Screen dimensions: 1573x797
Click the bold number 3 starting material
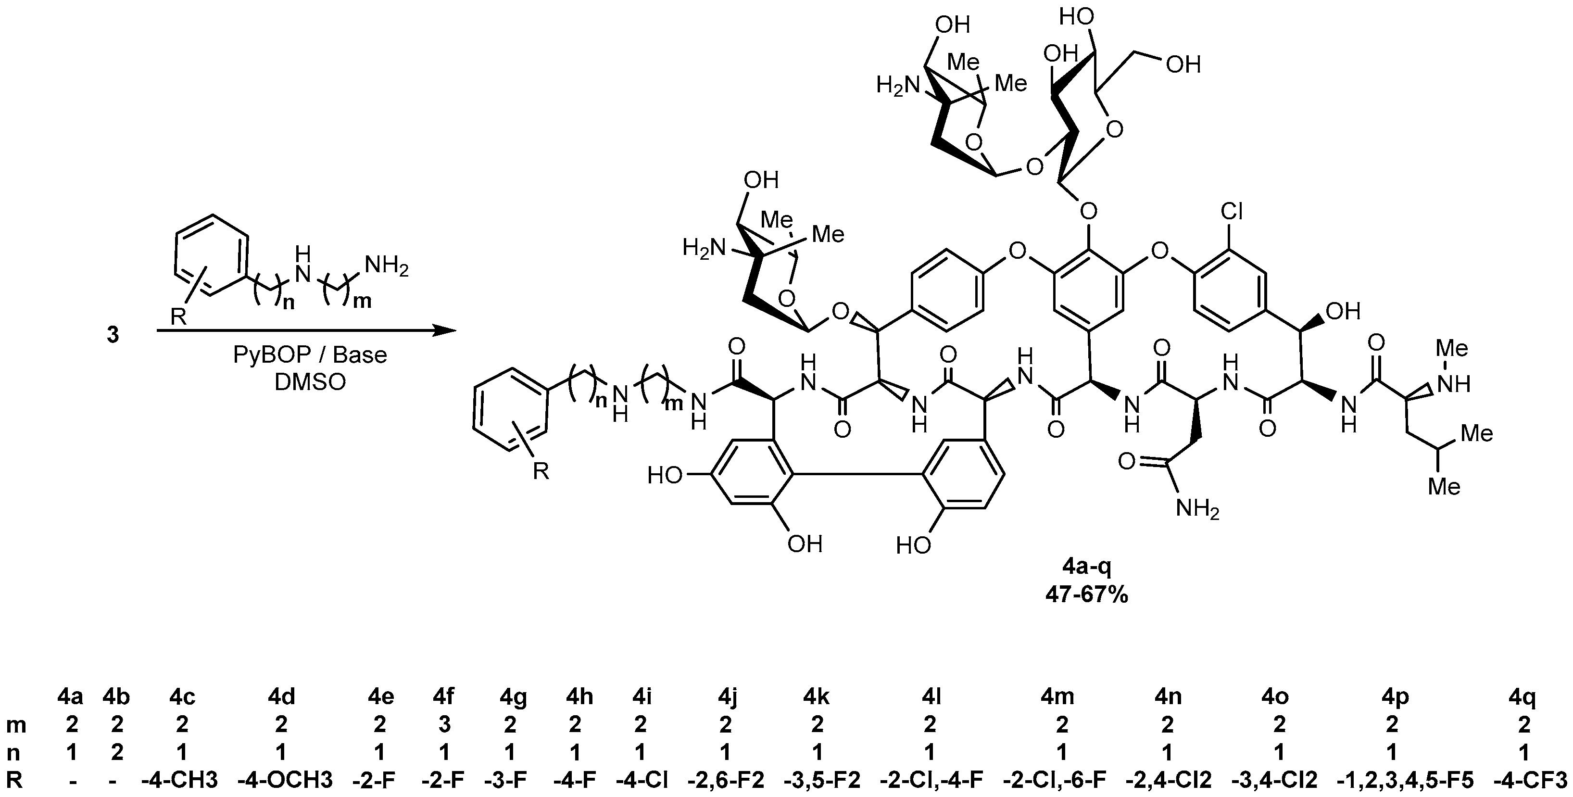(113, 335)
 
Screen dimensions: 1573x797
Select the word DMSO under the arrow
(310, 382)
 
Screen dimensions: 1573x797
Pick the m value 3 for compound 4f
(444, 724)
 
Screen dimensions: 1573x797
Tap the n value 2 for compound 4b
(117, 752)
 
